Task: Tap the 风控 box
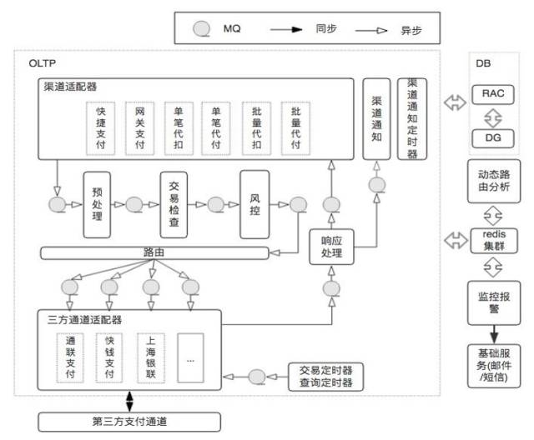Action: tap(254, 204)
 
